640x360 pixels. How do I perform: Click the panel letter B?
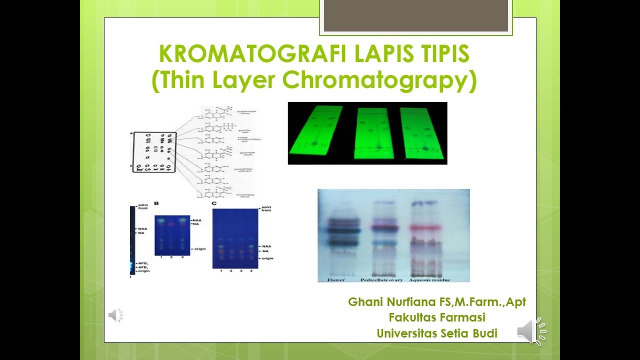pyautogui.click(x=156, y=204)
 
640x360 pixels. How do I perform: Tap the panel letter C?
pyautogui.click(x=214, y=204)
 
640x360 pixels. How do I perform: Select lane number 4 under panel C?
pyautogui.click(x=251, y=270)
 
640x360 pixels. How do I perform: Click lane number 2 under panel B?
pyautogui.click(x=172, y=256)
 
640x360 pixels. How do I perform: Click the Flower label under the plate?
pyautogui.click(x=335, y=279)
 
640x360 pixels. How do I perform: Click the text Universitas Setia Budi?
pyautogui.click(x=437, y=333)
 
